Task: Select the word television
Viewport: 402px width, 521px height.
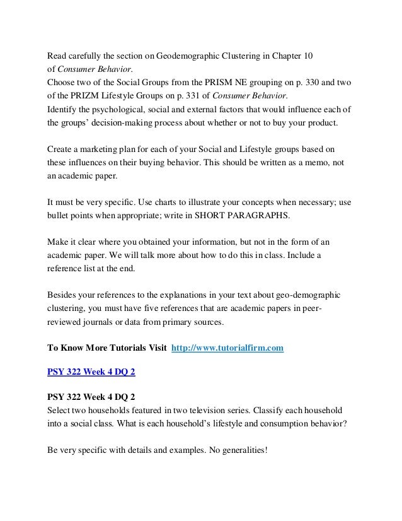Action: pyautogui.click(x=237, y=410)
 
